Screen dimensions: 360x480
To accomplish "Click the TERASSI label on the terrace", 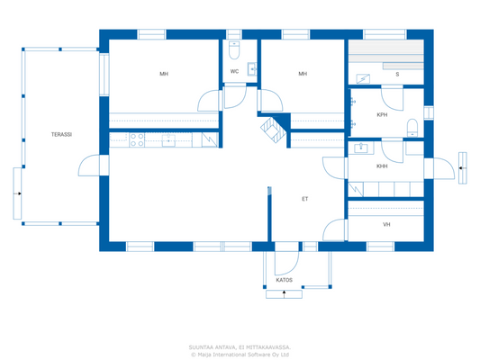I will [x=61, y=135].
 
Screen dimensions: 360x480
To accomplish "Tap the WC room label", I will [x=234, y=71].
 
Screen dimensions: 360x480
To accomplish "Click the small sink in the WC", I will [x=252, y=67].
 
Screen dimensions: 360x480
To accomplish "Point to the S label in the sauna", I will [x=397, y=74].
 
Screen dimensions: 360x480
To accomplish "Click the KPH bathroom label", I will [x=382, y=115].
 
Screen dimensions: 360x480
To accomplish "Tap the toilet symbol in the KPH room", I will [x=412, y=125].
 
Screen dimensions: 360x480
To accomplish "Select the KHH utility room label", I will [x=382, y=166].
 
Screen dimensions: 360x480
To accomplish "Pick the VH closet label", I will [x=386, y=224].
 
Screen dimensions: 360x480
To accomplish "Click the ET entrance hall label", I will [x=305, y=198].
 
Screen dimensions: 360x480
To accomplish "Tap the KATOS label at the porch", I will [x=284, y=280].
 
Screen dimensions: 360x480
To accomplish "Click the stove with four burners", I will [x=138, y=139].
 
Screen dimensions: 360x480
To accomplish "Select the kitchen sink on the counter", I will [x=168, y=139].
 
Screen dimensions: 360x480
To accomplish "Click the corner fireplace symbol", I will [x=273, y=130].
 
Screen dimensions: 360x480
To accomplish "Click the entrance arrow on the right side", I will [x=462, y=167].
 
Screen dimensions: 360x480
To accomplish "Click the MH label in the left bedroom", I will [x=164, y=74].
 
